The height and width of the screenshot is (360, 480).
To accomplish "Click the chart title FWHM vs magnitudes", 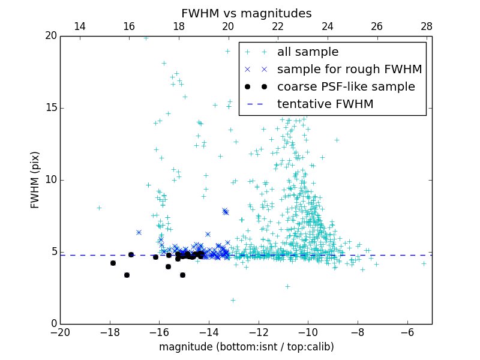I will tap(246, 13).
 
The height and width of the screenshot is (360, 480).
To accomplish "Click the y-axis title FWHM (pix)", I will tap(35, 180).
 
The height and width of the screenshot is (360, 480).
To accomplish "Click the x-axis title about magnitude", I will tap(246, 347).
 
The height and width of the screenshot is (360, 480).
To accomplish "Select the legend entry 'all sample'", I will tap(308, 52).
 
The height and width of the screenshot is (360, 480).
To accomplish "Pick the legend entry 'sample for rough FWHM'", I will tap(349, 70).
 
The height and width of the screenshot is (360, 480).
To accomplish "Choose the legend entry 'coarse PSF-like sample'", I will tap(346, 87).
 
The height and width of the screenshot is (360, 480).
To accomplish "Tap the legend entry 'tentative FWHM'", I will tap(325, 104).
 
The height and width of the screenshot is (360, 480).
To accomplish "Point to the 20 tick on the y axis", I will tap(50, 36).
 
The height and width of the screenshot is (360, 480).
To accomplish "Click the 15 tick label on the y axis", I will tap(50, 108).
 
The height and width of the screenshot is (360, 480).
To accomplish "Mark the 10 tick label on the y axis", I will tap(50, 180).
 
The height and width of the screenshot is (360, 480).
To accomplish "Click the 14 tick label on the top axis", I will tap(79, 26).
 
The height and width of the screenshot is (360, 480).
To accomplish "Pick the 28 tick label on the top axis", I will tap(427, 26).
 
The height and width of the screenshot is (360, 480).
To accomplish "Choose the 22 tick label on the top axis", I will tap(278, 26).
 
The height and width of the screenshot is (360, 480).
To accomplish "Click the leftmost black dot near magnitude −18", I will tap(113, 263).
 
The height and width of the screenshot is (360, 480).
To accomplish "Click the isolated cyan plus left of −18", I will tap(99, 208).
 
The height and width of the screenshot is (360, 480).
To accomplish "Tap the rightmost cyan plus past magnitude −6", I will tap(424, 263).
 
